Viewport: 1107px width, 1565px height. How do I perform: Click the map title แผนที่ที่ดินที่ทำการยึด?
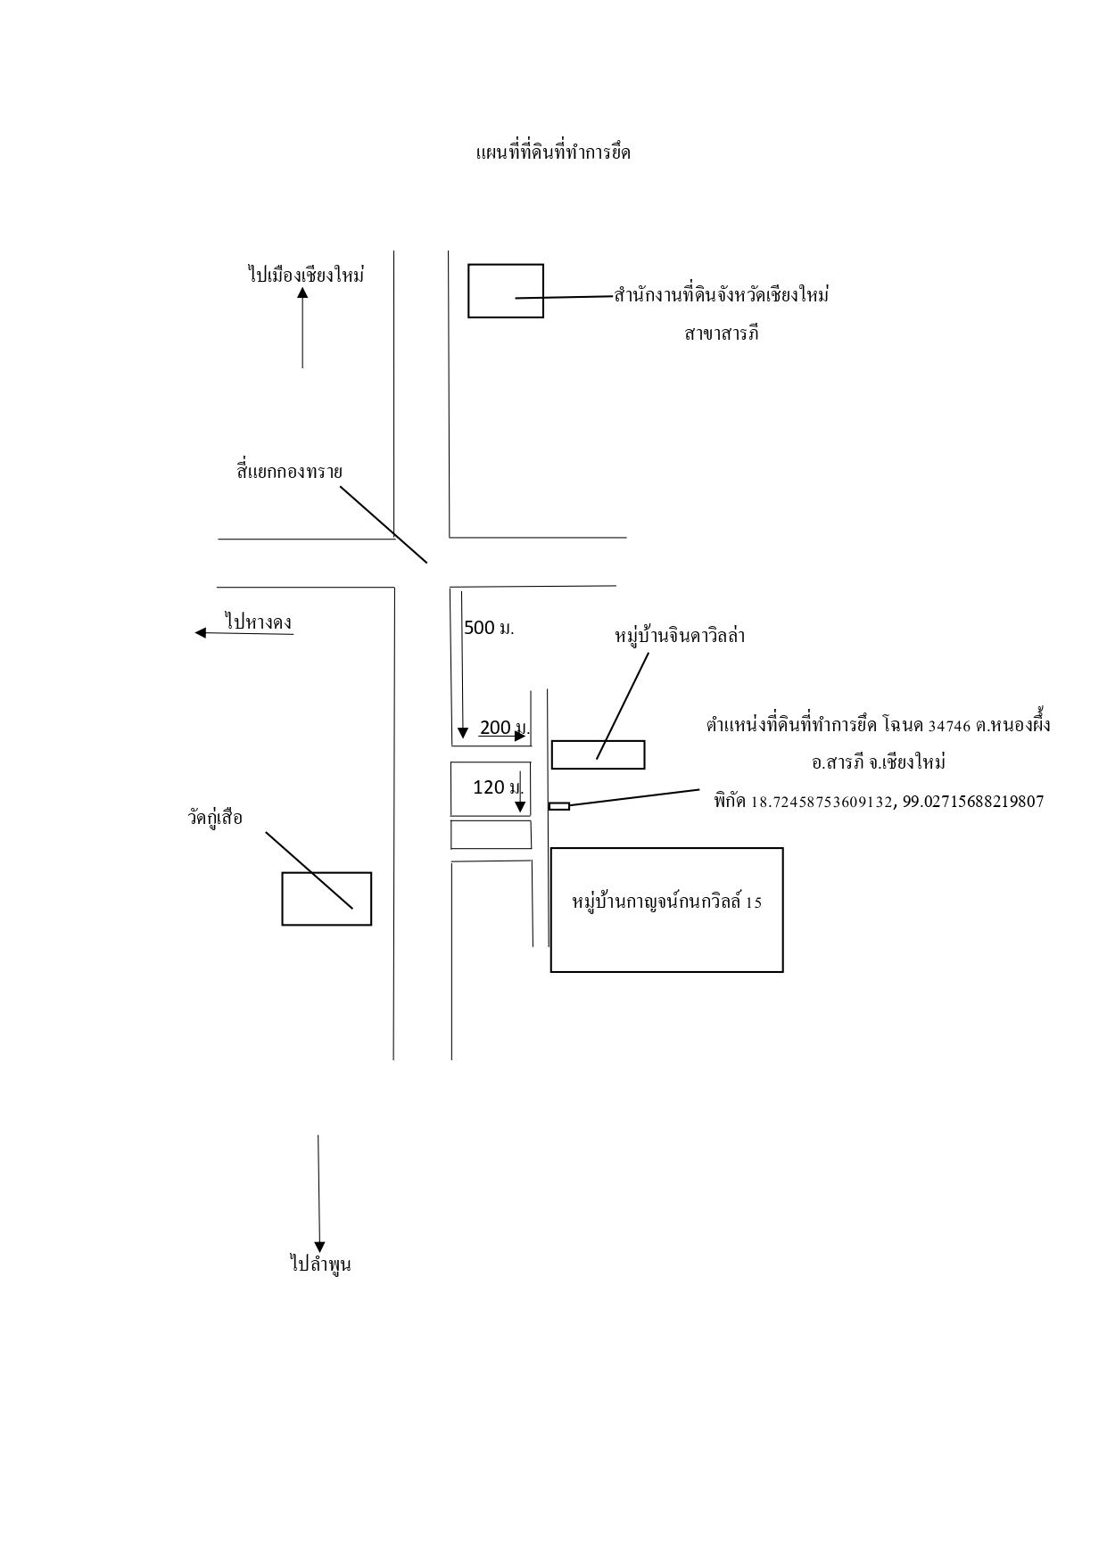pyautogui.click(x=554, y=152)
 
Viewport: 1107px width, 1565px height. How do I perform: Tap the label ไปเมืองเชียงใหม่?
pyautogui.click(x=306, y=274)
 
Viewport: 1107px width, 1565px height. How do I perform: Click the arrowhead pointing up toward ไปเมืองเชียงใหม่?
pyautogui.click(x=302, y=292)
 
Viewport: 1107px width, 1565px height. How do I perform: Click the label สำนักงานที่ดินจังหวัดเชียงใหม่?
pyautogui.click(x=722, y=294)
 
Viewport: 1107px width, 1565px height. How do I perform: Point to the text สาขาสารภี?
pyautogui.click(x=722, y=334)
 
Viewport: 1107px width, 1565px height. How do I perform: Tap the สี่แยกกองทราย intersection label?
pyautogui.click(x=289, y=471)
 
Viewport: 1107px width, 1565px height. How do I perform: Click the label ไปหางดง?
pyautogui.click(x=260, y=622)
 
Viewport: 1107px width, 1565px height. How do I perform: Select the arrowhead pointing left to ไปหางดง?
pyautogui.click(x=201, y=633)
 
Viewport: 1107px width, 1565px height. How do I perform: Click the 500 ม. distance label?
pyautogui.click(x=489, y=628)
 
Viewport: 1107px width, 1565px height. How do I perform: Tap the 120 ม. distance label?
pyautogui.click(x=498, y=787)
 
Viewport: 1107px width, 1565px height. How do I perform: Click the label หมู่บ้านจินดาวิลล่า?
pyautogui.click(x=681, y=636)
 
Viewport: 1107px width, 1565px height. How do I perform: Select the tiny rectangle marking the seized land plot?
pyautogui.click(x=559, y=806)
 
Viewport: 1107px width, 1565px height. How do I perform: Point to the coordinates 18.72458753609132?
pyautogui.click(x=822, y=802)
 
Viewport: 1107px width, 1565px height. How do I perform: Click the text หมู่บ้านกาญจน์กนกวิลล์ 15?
pyautogui.click(x=667, y=902)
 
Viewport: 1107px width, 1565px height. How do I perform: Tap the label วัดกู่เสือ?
pyautogui.click(x=215, y=817)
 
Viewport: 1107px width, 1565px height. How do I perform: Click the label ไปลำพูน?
pyautogui.click(x=320, y=1264)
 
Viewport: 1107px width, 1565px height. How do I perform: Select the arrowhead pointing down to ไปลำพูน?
pyautogui.click(x=319, y=1246)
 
